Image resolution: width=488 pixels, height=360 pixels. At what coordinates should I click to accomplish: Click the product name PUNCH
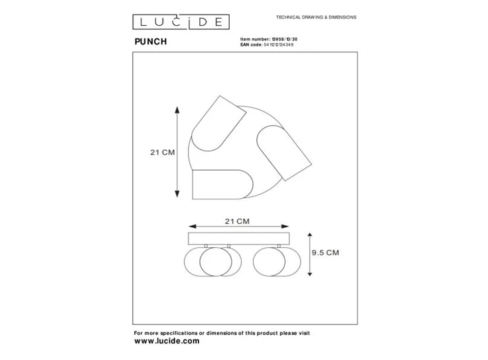coord(151,42)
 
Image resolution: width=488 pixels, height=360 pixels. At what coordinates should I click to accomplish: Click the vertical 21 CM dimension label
coord(162,152)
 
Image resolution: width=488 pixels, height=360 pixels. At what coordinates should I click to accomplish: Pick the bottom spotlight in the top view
coord(220,184)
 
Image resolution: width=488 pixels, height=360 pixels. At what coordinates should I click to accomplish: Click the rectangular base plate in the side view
coord(239,238)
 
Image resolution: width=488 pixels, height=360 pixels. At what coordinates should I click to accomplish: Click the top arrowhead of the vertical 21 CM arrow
coord(177,108)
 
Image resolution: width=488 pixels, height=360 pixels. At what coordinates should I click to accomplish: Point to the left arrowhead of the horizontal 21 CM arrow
coord(191,226)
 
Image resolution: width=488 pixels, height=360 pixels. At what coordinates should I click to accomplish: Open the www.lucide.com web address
coord(167,340)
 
